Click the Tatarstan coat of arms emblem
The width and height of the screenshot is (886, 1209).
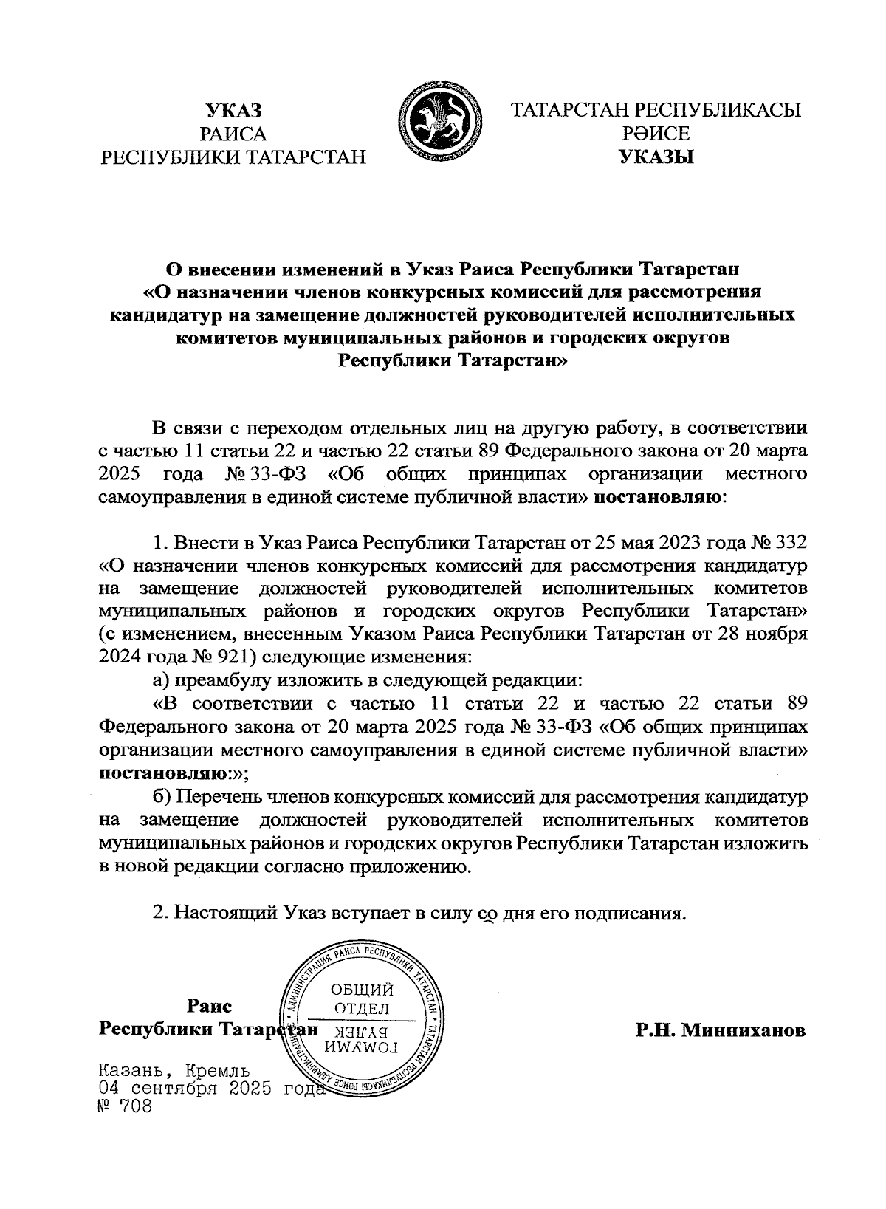coord(439,126)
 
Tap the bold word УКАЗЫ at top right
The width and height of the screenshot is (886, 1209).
coord(657,157)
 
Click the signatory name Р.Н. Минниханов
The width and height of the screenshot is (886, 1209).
coord(721,1030)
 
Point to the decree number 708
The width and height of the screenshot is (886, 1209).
coord(133,1106)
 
